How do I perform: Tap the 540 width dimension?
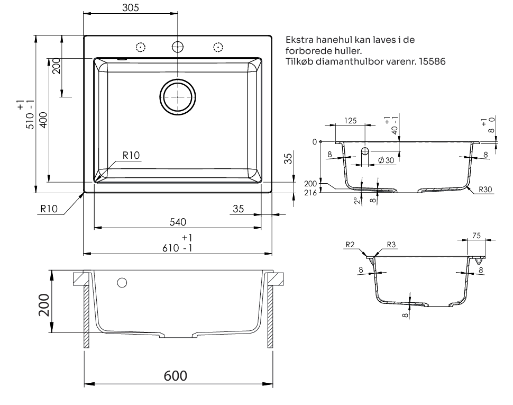(x=177, y=222)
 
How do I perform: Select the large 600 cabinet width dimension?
(x=175, y=376)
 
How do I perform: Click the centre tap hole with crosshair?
(x=178, y=47)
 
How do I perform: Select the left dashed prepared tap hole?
(x=140, y=47)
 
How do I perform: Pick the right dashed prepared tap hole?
(x=217, y=47)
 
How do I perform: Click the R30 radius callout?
(x=485, y=188)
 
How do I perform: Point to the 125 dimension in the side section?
(x=350, y=121)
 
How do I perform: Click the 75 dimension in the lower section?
(x=477, y=236)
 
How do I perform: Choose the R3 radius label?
(x=391, y=245)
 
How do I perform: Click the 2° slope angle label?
(x=359, y=201)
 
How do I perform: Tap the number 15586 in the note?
(x=434, y=61)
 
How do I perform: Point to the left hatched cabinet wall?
(x=86, y=318)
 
